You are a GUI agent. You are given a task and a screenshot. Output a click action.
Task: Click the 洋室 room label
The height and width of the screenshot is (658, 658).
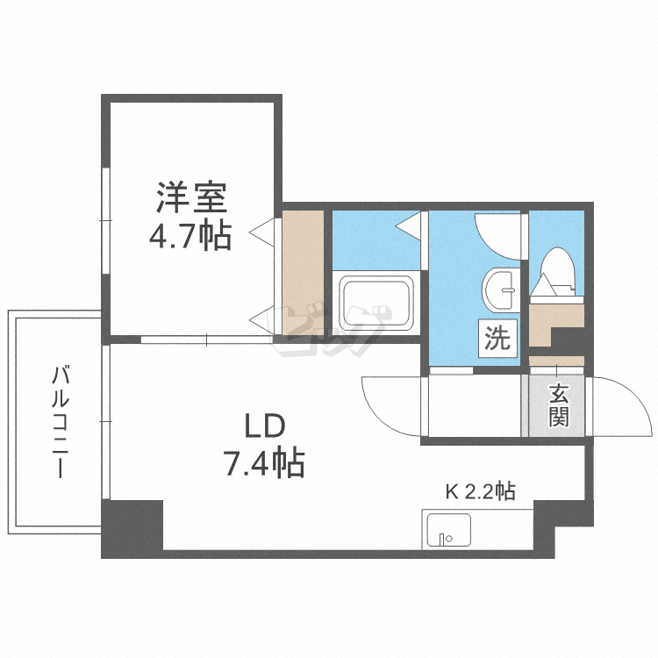click(192, 197)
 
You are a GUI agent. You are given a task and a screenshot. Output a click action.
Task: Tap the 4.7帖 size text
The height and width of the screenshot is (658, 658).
click(190, 236)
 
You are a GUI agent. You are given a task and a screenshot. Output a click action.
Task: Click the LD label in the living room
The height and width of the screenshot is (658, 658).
click(265, 426)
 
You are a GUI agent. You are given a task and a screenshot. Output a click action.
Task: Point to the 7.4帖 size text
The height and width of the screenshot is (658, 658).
click(265, 463)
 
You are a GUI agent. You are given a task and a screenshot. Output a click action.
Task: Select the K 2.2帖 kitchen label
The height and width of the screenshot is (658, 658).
click(481, 491)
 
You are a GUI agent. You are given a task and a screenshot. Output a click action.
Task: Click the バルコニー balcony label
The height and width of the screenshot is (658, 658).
click(60, 422)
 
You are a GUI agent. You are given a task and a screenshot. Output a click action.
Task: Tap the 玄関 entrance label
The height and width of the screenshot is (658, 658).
click(559, 405)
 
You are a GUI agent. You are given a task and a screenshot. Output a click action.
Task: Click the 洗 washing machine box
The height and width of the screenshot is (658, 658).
click(497, 339)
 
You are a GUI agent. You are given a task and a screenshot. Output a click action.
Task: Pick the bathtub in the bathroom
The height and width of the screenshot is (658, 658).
click(376, 301)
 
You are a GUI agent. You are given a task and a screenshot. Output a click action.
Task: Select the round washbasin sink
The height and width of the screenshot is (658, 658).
click(501, 290)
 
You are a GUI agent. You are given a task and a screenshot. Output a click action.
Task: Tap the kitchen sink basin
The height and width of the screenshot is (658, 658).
click(448, 530)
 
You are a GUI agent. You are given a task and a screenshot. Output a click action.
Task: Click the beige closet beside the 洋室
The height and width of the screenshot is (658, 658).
click(303, 273)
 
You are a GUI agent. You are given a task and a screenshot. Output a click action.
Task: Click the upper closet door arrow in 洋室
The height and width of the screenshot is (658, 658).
click(262, 232)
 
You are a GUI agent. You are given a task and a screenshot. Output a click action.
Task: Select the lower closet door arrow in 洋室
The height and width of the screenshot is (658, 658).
click(262, 320)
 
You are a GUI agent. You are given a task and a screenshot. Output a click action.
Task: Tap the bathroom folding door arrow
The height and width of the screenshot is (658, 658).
click(408, 226)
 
